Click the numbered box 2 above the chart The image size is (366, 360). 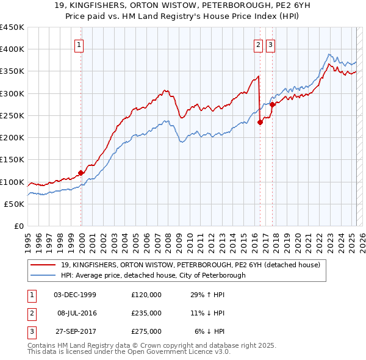pos(259,44)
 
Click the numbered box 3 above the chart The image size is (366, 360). pos(270,44)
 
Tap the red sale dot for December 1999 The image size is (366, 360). pos(81,173)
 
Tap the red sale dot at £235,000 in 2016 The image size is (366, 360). pos(260,122)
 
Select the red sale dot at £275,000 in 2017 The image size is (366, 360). pos(273,104)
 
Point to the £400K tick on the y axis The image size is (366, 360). pos(13,49)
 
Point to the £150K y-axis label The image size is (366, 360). pos(13,160)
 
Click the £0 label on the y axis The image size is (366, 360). pos(18,226)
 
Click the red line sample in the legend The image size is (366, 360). pos(43,265)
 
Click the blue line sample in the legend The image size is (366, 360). pos(43,275)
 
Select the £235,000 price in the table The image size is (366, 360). pos(146,313)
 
